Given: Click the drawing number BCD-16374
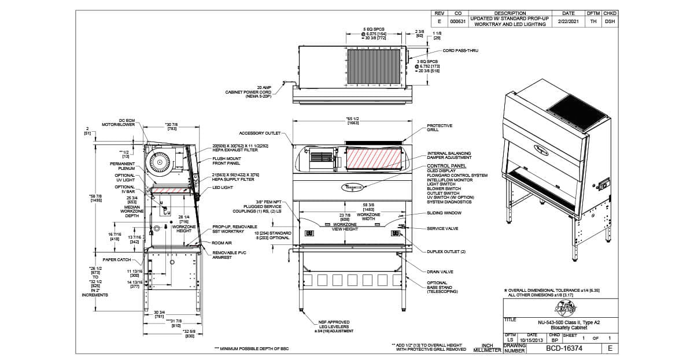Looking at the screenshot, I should click(557, 348).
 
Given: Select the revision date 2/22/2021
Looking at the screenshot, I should click(568, 21).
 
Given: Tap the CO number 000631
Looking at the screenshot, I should click(458, 21).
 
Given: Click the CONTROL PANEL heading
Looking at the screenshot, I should click(442, 166).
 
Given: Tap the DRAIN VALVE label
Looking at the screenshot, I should click(440, 272).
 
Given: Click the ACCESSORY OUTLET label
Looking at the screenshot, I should click(259, 133).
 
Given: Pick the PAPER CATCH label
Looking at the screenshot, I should click(117, 259).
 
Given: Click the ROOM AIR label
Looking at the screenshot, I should click(222, 243).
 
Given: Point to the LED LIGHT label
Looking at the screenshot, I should click(223, 187).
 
